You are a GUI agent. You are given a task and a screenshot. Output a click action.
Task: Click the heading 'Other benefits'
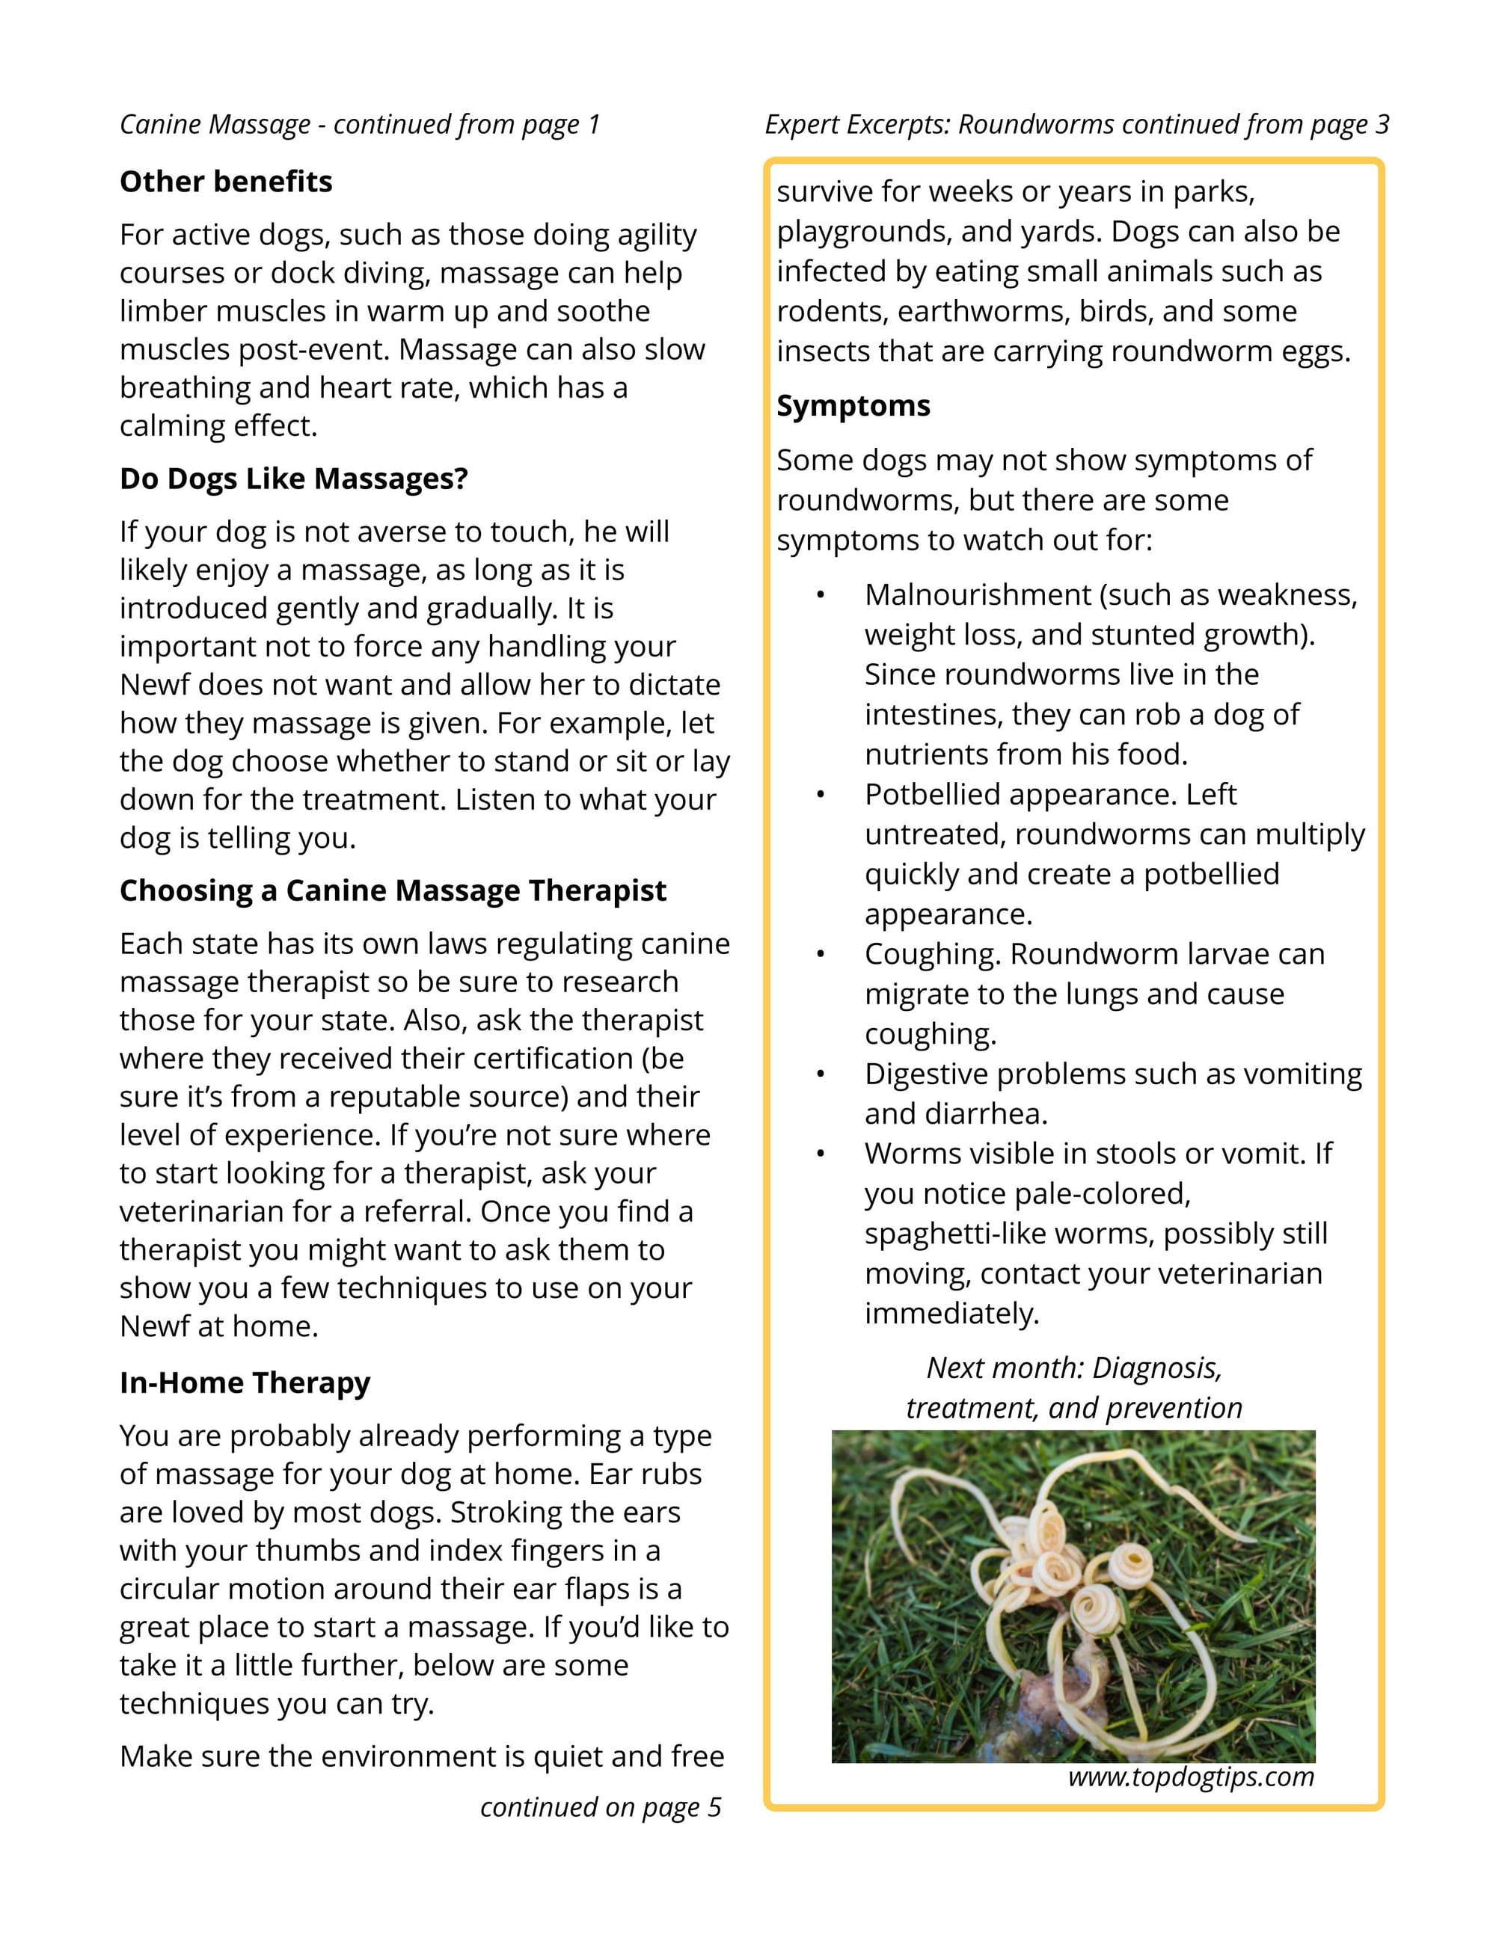pos(226,182)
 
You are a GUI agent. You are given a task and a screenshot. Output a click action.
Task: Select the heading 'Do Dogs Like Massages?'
pos(293,479)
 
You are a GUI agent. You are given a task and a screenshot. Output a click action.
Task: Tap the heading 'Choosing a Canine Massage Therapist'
pos(393,890)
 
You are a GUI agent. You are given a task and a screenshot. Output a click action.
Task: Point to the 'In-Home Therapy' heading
pos(245,1382)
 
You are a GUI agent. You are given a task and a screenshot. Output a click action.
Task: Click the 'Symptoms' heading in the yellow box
pos(853,406)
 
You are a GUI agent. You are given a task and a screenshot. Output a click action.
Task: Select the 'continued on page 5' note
pos(601,1806)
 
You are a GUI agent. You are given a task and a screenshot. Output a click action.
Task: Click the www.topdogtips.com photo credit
pos(1190,1776)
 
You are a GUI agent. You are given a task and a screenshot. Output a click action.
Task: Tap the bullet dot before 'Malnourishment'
pos(821,595)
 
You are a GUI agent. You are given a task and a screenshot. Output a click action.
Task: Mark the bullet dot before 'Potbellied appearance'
pos(821,795)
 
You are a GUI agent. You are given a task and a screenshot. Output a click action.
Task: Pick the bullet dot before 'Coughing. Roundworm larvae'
pos(821,954)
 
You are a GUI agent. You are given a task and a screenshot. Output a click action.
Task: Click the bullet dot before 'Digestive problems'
pos(821,1074)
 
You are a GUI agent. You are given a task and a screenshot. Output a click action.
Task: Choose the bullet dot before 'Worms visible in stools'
pos(821,1154)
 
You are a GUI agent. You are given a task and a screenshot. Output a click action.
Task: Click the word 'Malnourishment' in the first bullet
pos(978,594)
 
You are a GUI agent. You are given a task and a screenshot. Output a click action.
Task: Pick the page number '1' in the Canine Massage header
pos(594,124)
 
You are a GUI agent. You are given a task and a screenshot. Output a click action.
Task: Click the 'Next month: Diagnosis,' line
pos(1074,1368)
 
